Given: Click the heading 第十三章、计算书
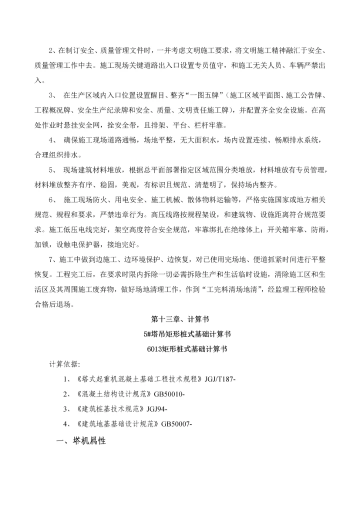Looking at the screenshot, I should pyautogui.click(x=179, y=318).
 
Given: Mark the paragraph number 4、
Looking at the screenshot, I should pyautogui.click(x=52, y=140).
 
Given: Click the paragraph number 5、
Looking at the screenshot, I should pyautogui.click(x=52, y=171).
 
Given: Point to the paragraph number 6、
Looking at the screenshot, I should pyautogui.click(x=52, y=199).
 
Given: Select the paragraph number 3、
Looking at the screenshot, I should pyautogui.click(x=52, y=94).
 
